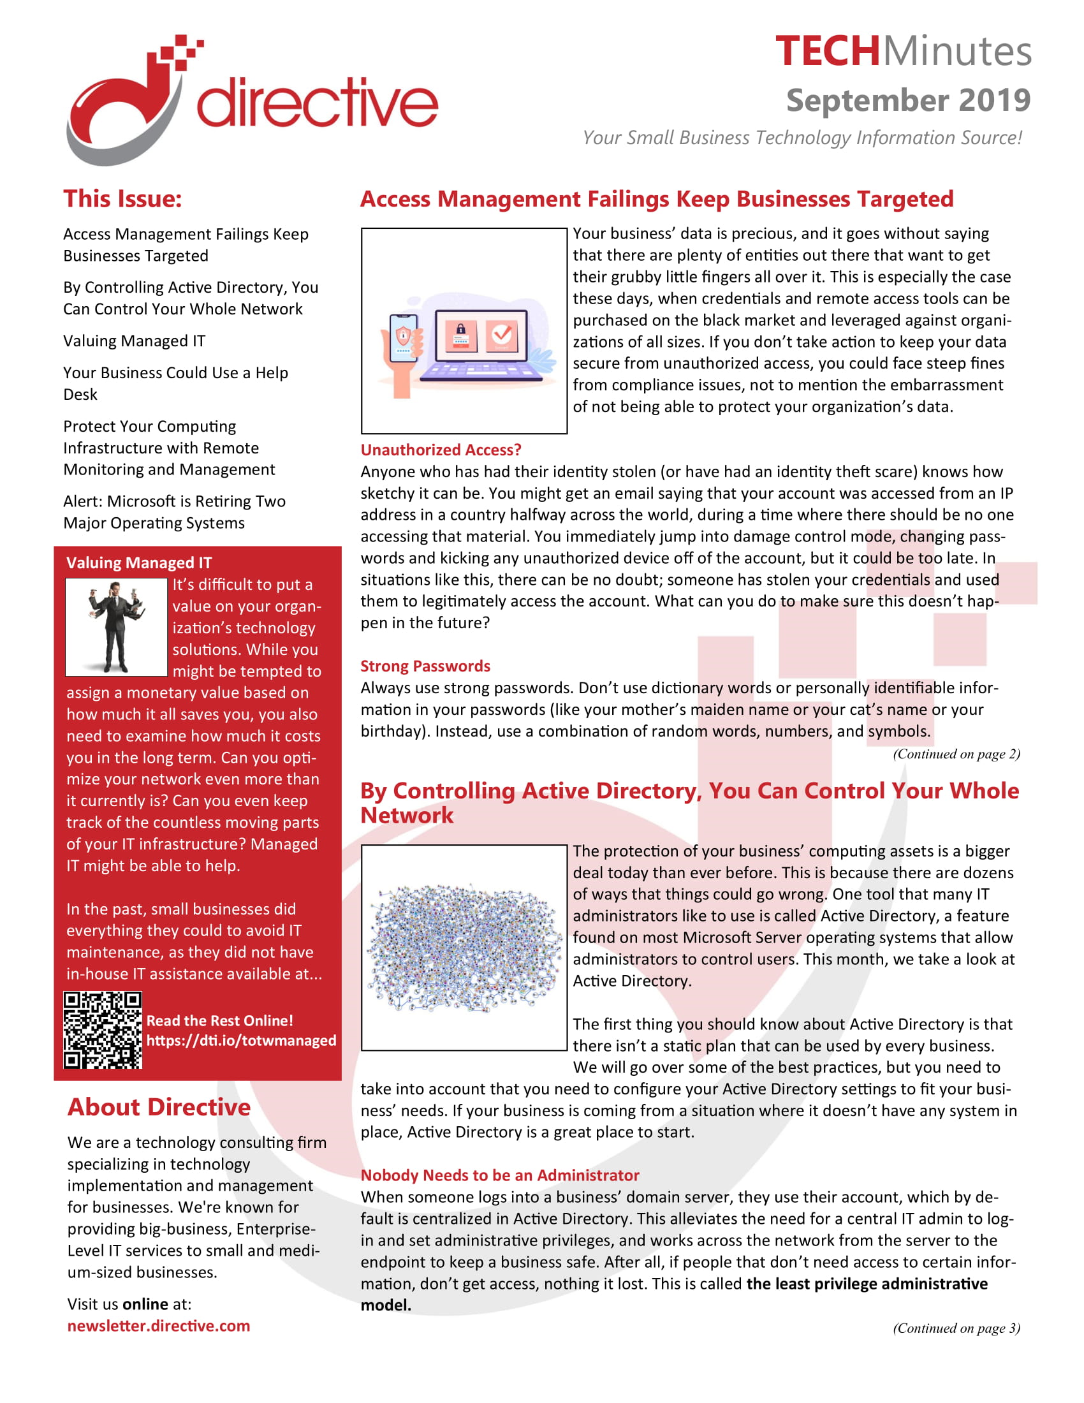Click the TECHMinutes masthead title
(902, 52)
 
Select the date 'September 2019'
(907, 100)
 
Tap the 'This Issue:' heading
(122, 199)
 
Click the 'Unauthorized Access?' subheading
(441, 450)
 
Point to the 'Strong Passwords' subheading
(425, 666)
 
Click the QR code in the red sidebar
(103, 1030)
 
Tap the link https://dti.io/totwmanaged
(241, 1040)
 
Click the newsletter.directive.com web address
(159, 1325)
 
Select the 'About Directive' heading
(159, 1107)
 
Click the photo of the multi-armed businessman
(116, 626)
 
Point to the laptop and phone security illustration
(464, 331)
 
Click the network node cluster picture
(464, 948)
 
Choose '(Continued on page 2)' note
(956, 754)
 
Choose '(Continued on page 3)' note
(956, 1328)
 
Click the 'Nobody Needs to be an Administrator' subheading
(500, 1175)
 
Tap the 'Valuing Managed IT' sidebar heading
(139, 562)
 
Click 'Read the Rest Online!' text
(219, 1021)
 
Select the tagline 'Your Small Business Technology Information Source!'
(802, 138)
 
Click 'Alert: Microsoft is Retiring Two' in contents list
(174, 501)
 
